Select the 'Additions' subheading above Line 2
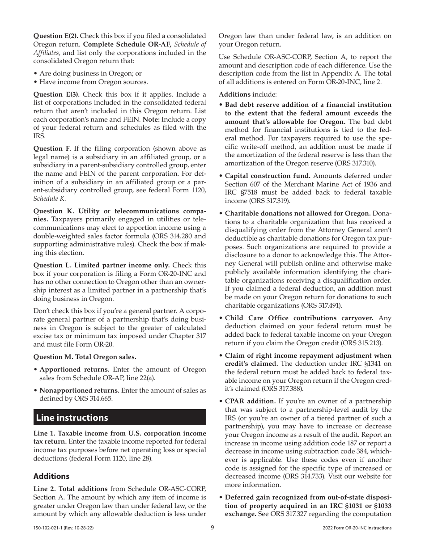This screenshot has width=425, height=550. tap(51, 476)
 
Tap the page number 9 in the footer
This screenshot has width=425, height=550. tap(212, 528)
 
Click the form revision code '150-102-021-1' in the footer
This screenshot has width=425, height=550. tap(49, 528)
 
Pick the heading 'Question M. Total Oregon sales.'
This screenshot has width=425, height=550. tap(85, 357)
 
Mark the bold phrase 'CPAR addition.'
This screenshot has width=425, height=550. tap(250, 402)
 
